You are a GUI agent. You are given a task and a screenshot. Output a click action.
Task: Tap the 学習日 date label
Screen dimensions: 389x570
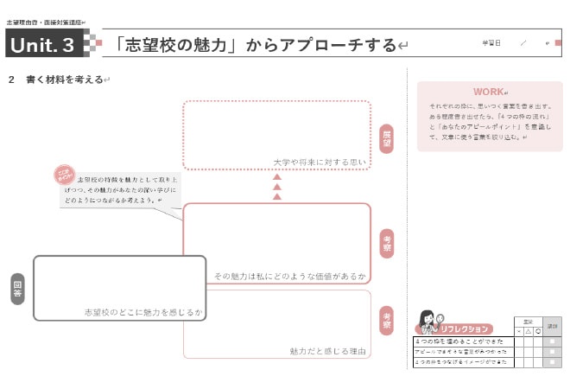(x=491, y=42)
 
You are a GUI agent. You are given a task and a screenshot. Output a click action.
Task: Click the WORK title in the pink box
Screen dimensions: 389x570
(x=488, y=92)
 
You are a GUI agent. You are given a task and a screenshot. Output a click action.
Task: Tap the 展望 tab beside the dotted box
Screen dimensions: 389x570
(x=386, y=138)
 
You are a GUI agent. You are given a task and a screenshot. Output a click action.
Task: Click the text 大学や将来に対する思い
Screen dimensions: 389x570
(x=320, y=161)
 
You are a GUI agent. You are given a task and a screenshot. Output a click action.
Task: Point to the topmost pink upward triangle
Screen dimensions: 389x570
(x=277, y=176)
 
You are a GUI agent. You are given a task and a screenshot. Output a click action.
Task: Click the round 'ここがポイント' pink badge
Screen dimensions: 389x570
(x=65, y=176)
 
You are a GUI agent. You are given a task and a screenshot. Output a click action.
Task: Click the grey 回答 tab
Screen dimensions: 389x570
(x=17, y=289)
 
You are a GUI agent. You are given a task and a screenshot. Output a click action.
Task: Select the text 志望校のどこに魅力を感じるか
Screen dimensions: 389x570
(x=143, y=311)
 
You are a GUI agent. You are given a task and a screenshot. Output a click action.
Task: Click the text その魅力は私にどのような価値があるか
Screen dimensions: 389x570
(x=290, y=277)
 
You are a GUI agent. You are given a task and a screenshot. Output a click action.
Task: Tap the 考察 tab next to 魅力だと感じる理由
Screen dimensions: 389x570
(x=386, y=320)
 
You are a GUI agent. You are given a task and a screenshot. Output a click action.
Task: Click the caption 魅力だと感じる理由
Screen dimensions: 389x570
(x=328, y=351)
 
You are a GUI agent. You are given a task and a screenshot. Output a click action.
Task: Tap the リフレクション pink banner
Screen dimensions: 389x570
(x=465, y=328)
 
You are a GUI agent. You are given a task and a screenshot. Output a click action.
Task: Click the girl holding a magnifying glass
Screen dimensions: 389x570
(x=427, y=322)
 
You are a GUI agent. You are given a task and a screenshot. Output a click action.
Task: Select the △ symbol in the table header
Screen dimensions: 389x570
(x=527, y=331)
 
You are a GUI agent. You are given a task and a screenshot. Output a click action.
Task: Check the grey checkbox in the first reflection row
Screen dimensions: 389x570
(x=553, y=341)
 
